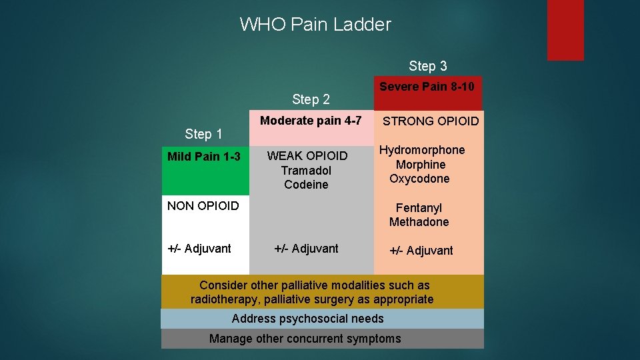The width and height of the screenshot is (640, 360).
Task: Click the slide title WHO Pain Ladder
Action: (315, 25)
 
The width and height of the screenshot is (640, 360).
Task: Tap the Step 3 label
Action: (427, 66)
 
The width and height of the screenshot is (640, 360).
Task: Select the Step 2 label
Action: (311, 100)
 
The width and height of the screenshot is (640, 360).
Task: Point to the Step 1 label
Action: (203, 135)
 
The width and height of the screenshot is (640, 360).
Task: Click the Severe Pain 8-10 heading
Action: (427, 87)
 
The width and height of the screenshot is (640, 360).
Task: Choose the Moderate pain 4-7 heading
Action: (311, 121)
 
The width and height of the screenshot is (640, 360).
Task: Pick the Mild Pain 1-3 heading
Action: (203, 157)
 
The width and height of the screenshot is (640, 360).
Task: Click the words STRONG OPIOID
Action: (431, 121)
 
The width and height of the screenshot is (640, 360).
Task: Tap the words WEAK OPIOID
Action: (307, 156)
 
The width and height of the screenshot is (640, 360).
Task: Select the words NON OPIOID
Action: (203, 206)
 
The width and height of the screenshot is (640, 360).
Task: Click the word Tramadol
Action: (306, 171)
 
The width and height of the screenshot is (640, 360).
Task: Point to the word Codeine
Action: (306, 185)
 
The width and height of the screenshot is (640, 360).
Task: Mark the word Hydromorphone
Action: (422, 150)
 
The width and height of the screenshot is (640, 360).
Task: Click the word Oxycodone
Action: (419, 179)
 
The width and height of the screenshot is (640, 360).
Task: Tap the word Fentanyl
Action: (419, 208)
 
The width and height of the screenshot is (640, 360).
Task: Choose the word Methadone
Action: (419, 222)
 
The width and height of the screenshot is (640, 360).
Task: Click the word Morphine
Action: (421, 165)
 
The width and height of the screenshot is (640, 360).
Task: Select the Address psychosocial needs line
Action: (307, 319)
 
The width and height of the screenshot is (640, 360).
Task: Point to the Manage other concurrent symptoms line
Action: (305, 339)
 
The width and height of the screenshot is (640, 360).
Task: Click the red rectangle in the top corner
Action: (565, 29)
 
